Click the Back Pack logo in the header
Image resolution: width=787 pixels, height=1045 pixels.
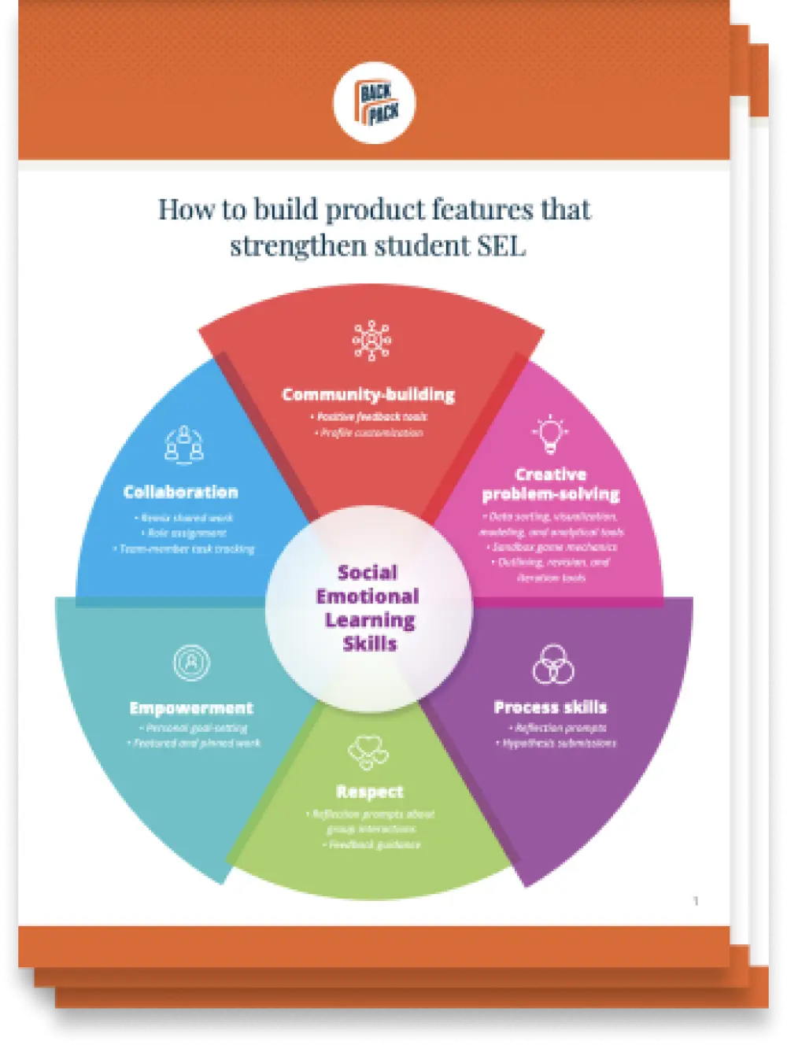(375, 103)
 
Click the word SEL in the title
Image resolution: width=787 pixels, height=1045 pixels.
(501, 246)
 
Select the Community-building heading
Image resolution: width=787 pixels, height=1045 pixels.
(368, 394)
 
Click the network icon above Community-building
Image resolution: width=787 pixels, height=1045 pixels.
(371, 341)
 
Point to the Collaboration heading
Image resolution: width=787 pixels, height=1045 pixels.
(180, 492)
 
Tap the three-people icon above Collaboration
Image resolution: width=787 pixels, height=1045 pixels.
(184, 444)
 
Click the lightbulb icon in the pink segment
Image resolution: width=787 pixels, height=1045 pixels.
(550, 434)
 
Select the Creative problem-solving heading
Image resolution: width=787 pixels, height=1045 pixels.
(550, 484)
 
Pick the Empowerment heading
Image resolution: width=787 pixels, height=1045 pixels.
(191, 707)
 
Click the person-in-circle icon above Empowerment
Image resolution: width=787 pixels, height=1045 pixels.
(191, 662)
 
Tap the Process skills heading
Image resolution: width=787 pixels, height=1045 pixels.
(550, 707)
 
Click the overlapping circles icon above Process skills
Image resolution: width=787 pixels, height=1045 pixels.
(553, 664)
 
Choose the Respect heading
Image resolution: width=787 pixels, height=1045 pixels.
(369, 792)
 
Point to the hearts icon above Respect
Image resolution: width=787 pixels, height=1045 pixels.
(368, 751)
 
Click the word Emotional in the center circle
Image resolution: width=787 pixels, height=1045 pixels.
(368, 596)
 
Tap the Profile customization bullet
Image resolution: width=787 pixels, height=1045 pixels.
(371, 433)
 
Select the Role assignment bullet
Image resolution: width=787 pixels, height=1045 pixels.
(186, 533)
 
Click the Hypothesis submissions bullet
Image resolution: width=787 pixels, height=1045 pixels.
(557, 743)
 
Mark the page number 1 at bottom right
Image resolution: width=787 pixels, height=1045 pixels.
(696, 901)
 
